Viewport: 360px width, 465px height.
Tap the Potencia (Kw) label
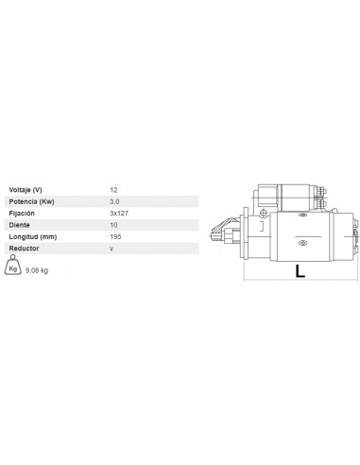click(x=31, y=201)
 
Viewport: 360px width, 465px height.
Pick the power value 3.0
click(x=115, y=201)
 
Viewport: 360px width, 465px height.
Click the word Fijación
click(x=22, y=213)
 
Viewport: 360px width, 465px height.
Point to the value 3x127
click(x=119, y=213)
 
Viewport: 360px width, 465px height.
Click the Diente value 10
click(x=114, y=224)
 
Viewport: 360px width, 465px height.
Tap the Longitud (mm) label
click(x=32, y=235)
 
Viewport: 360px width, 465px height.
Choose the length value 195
click(x=116, y=235)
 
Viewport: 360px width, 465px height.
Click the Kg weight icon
click(x=13, y=267)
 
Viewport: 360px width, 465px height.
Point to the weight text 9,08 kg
click(x=38, y=270)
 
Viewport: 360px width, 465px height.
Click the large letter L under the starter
click(x=300, y=271)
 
